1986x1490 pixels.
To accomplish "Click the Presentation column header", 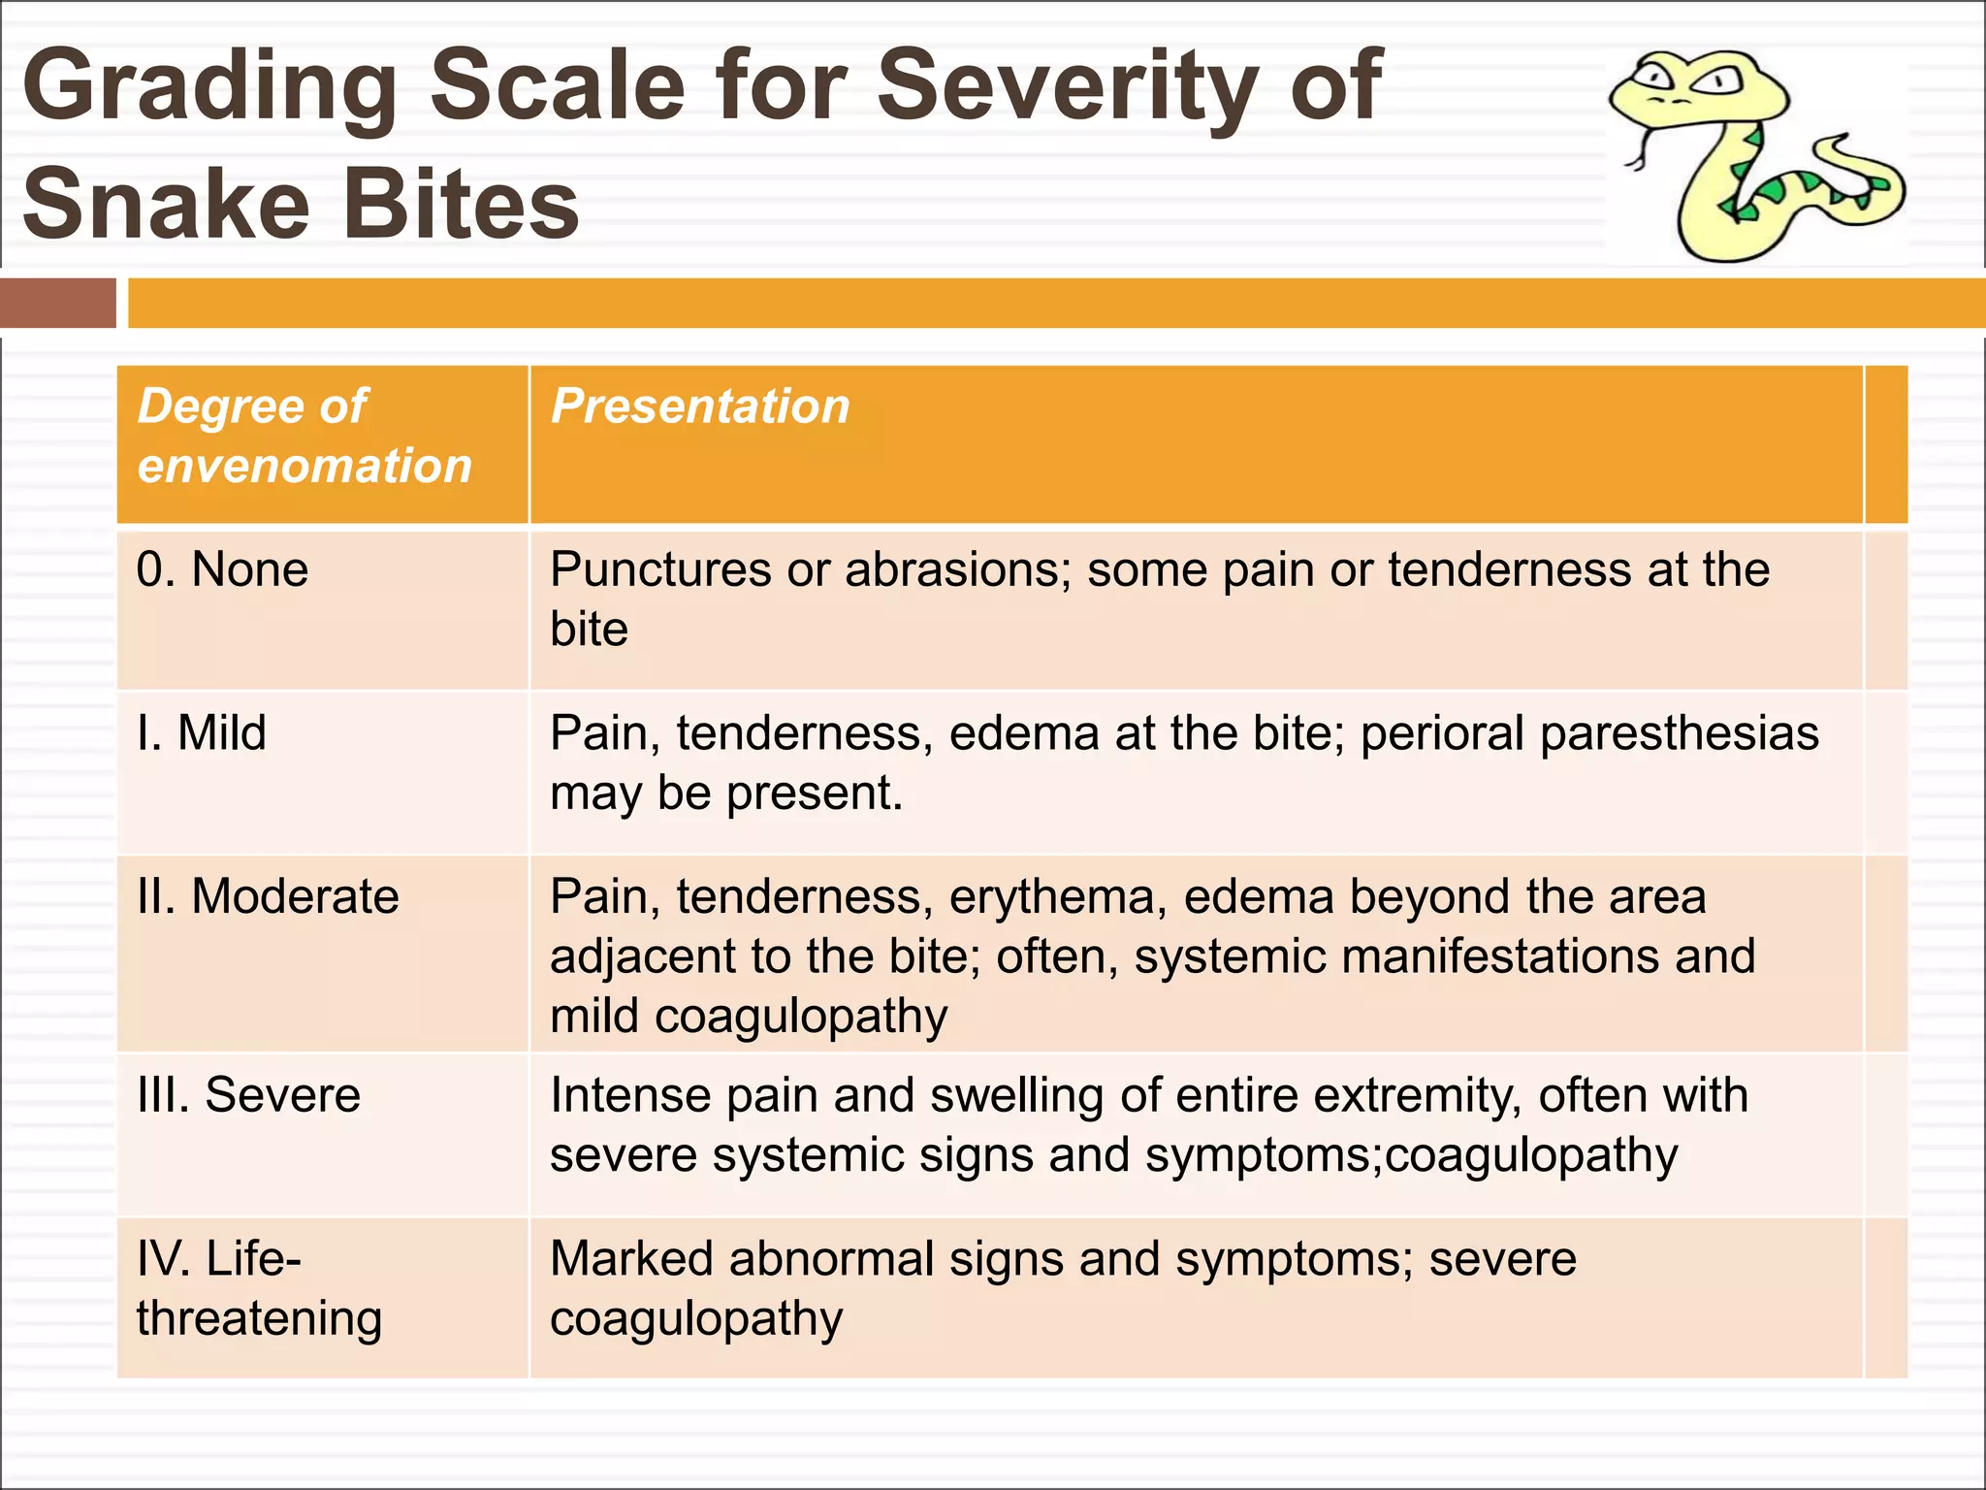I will (700, 405).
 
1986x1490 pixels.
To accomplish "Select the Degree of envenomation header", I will (304, 436).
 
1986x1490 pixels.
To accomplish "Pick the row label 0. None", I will (223, 569).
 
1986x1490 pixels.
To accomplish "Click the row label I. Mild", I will (202, 732).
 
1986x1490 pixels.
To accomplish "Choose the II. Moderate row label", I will (269, 895).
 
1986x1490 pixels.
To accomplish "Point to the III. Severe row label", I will (249, 1095).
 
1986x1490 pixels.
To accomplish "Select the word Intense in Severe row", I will (629, 1095).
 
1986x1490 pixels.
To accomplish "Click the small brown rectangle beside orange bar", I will (58, 303).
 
